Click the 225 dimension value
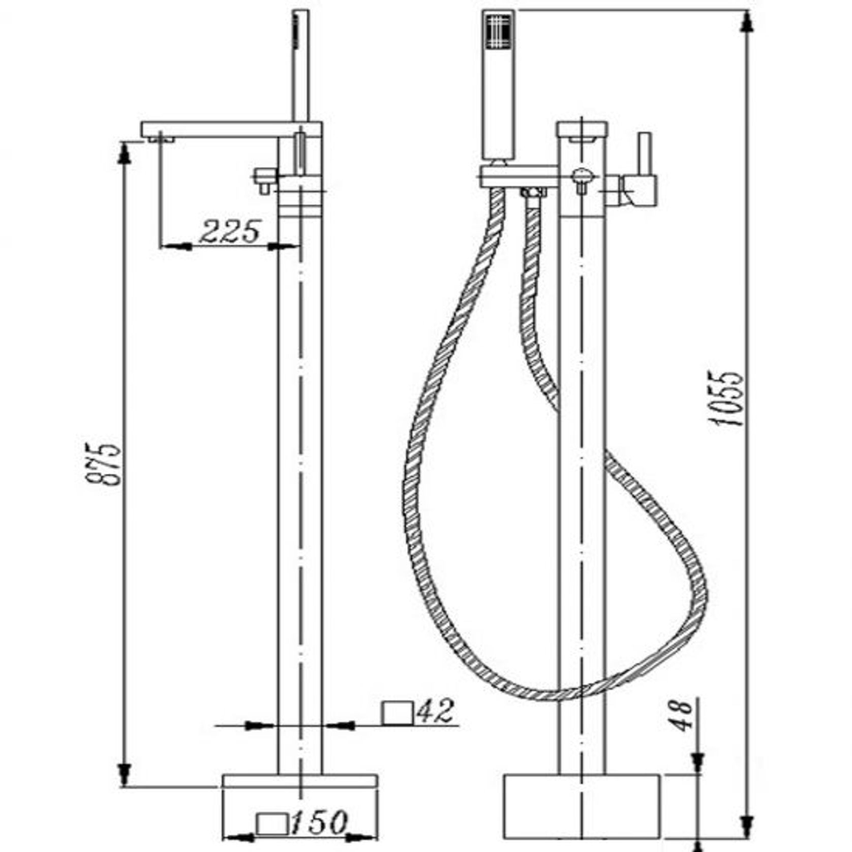point(230,231)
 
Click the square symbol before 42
point(397,711)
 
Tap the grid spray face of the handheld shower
point(499,32)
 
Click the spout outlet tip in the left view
point(162,138)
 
